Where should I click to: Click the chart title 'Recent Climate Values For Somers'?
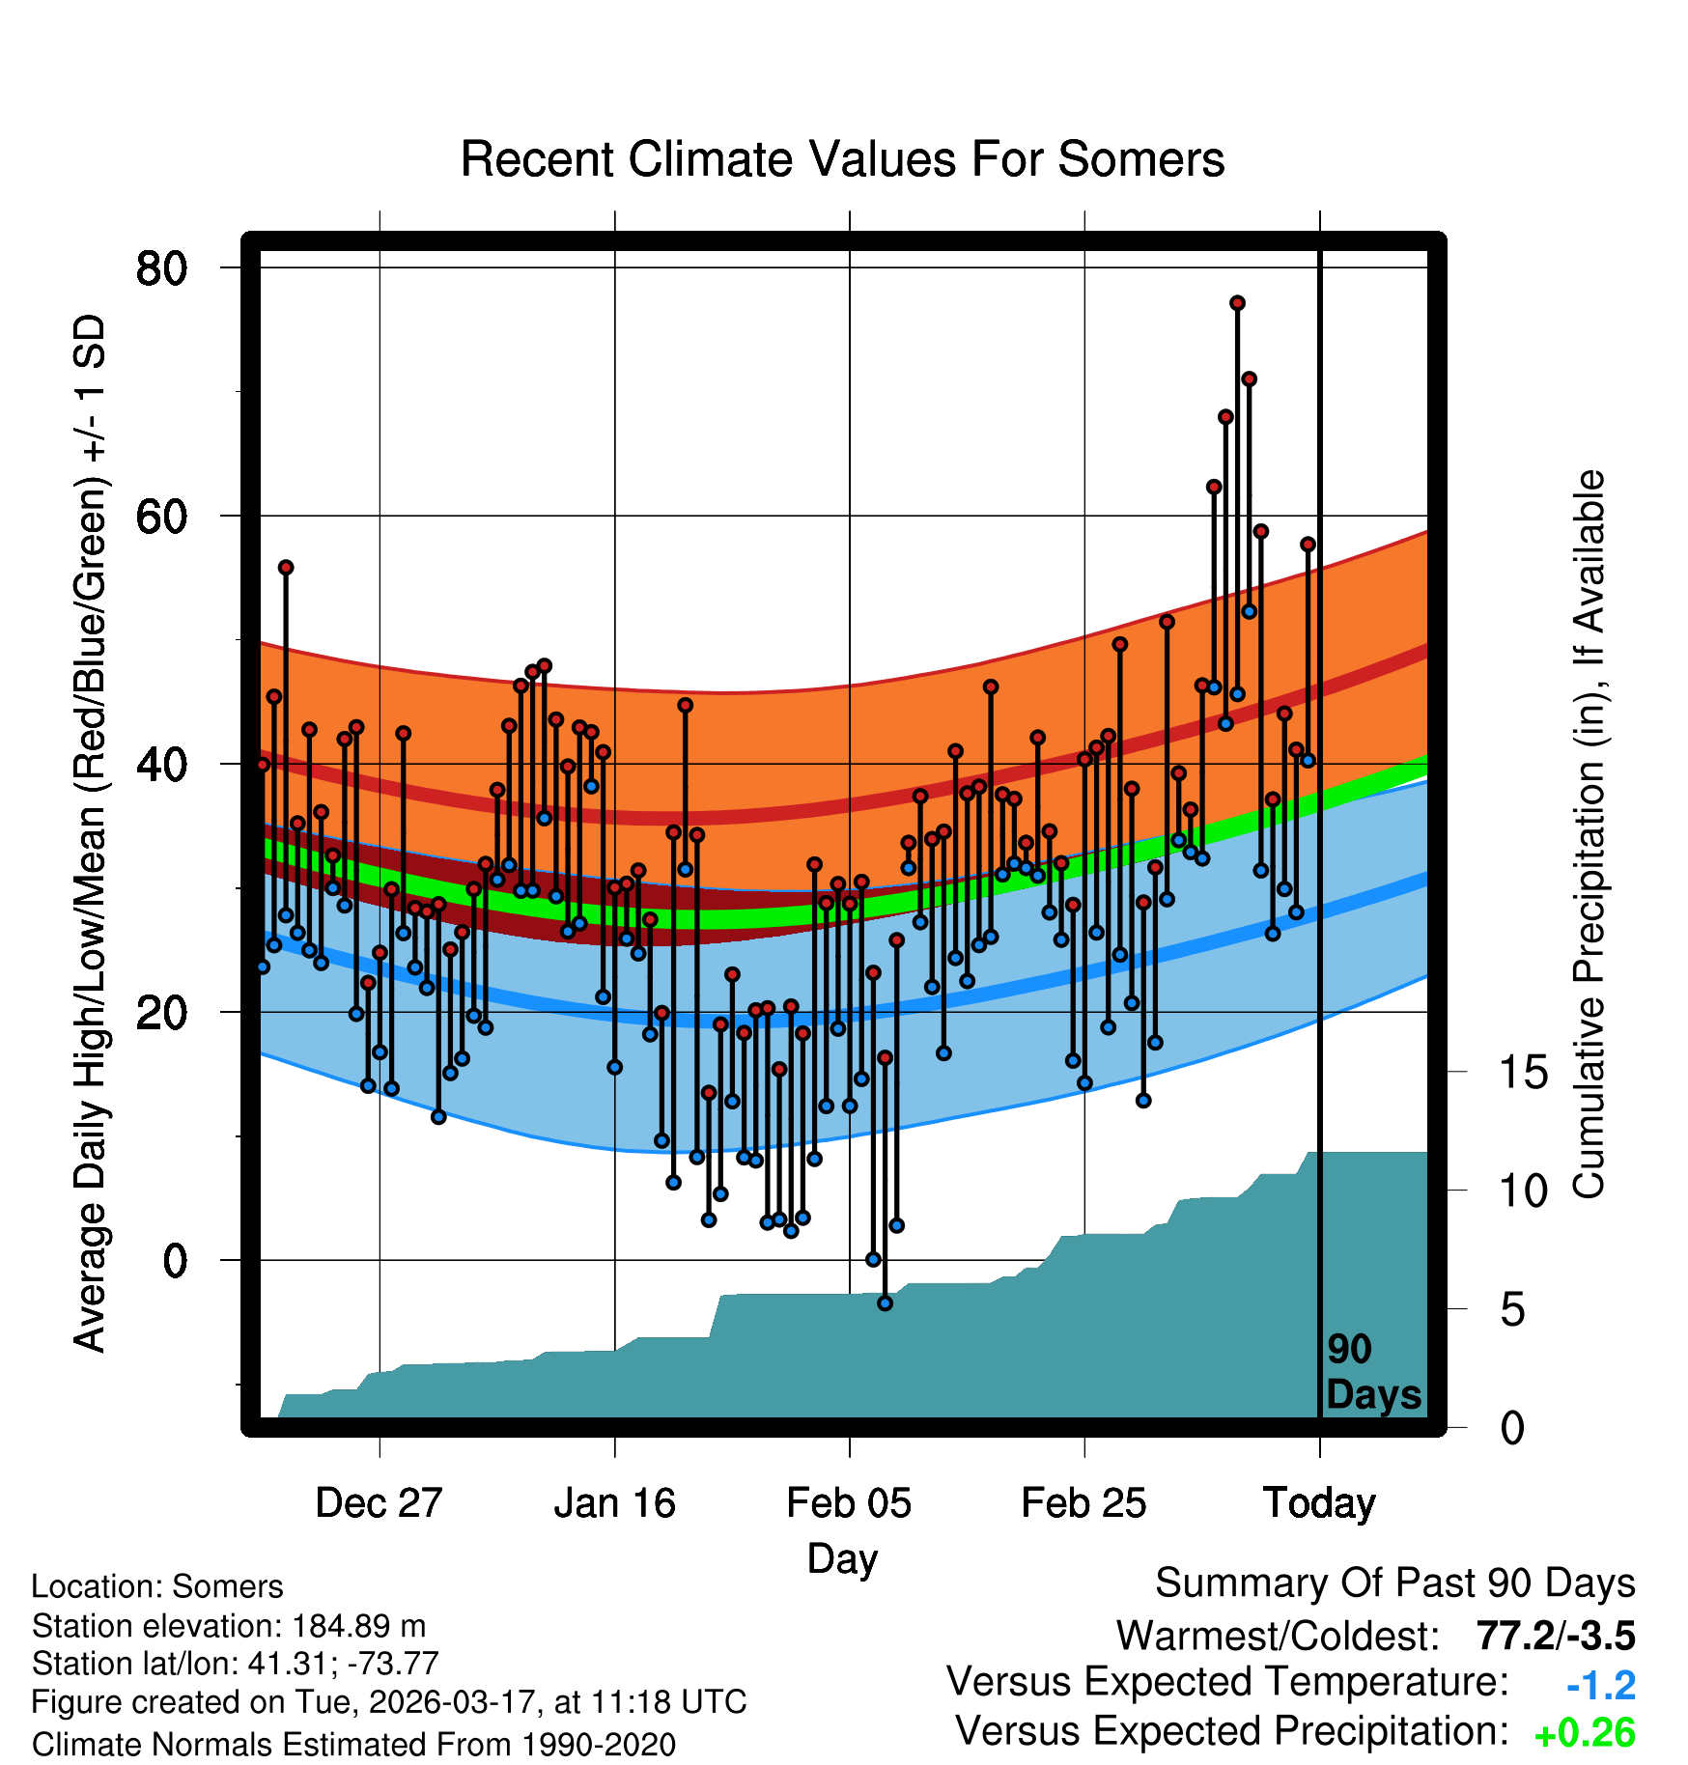point(842,159)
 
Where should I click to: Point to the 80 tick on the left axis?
point(161,267)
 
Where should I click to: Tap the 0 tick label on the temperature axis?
point(175,1260)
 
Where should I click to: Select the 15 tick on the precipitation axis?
point(1524,1072)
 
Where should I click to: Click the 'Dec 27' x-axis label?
point(379,1502)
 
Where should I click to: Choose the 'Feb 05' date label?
point(849,1502)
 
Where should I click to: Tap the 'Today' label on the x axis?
point(1319,1502)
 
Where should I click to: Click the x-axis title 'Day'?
point(842,1557)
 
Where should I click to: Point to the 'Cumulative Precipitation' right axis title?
point(1589,835)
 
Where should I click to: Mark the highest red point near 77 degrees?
point(1237,303)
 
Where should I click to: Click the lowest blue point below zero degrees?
point(885,1303)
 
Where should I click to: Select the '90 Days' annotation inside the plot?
point(1372,1372)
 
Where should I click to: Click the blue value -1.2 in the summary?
point(1600,1686)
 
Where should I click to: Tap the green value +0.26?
point(1584,1733)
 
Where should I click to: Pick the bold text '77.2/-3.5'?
point(1555,1636)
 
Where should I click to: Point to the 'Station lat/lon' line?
point(235,1664)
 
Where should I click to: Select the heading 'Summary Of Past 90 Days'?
point(1394,1583)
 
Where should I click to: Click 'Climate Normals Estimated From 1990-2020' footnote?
point(353,1744)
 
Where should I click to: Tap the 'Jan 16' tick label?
point(614,1502)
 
